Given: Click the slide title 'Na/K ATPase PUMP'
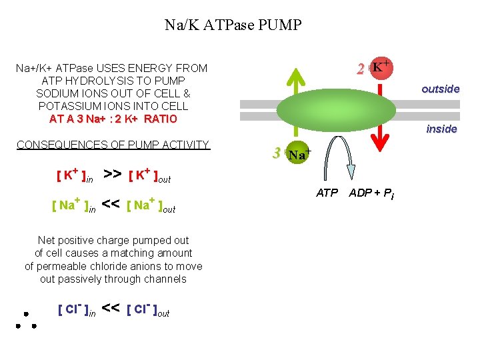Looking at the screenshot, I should (x=233, y=26).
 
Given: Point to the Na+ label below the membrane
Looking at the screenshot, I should (x=300, y=155).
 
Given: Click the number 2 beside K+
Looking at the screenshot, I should (x=360, y=69).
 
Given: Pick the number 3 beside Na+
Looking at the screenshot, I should (x=276, y=153).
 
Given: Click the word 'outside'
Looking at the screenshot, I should (x=440, y=89).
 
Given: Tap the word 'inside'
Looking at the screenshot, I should (x=441, y=129).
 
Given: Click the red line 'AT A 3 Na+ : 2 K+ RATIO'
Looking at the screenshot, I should (x=113, y=119).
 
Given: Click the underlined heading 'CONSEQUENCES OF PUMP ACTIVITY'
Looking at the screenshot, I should (x=113, y=145).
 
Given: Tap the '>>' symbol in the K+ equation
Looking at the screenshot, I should (x=113, y=175).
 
